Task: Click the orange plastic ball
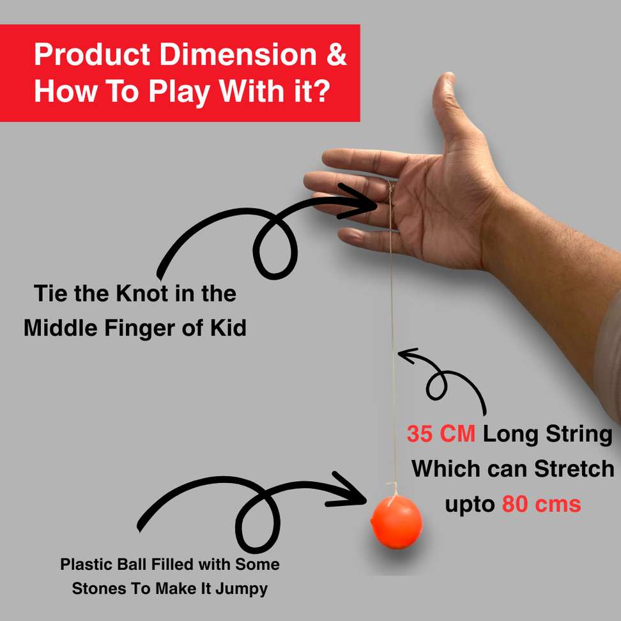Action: [x=397, y=522]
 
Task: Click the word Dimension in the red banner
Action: [x=238, y=54]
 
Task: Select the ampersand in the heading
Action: [x=337, y=54]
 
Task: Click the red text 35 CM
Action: [x=441, y=434]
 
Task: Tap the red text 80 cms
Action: [x=541, y=504]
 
